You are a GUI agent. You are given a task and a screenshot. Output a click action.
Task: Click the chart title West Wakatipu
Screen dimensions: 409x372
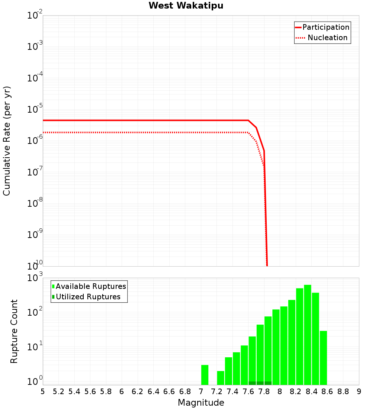(186, 6)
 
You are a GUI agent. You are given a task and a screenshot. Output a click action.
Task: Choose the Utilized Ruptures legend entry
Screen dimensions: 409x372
(88, 297)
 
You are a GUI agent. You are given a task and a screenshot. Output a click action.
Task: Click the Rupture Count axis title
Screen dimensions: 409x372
(14, 331)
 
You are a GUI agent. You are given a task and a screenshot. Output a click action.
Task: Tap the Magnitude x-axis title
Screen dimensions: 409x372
(201, 403)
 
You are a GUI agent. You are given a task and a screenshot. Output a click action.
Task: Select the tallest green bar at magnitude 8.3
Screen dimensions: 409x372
(308, 335)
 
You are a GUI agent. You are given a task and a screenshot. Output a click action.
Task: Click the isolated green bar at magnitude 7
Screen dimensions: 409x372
(205, 375)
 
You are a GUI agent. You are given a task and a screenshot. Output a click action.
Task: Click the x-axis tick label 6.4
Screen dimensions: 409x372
(153, 392)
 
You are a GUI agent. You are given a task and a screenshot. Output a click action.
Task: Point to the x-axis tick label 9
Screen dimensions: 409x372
(359, 392)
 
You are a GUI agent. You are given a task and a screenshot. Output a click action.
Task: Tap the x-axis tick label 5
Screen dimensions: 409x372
(43, 392)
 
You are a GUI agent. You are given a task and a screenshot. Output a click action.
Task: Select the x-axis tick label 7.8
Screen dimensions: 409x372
(264, 392)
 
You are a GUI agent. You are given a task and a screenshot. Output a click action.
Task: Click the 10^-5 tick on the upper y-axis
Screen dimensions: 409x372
(35, 110)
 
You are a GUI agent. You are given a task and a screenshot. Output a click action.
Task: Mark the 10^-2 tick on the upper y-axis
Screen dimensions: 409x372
(35, 16)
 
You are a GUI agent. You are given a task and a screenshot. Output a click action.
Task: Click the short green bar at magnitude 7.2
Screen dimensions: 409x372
(221, 378)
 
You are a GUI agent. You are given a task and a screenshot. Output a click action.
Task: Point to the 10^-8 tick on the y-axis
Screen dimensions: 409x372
(35, 204)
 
